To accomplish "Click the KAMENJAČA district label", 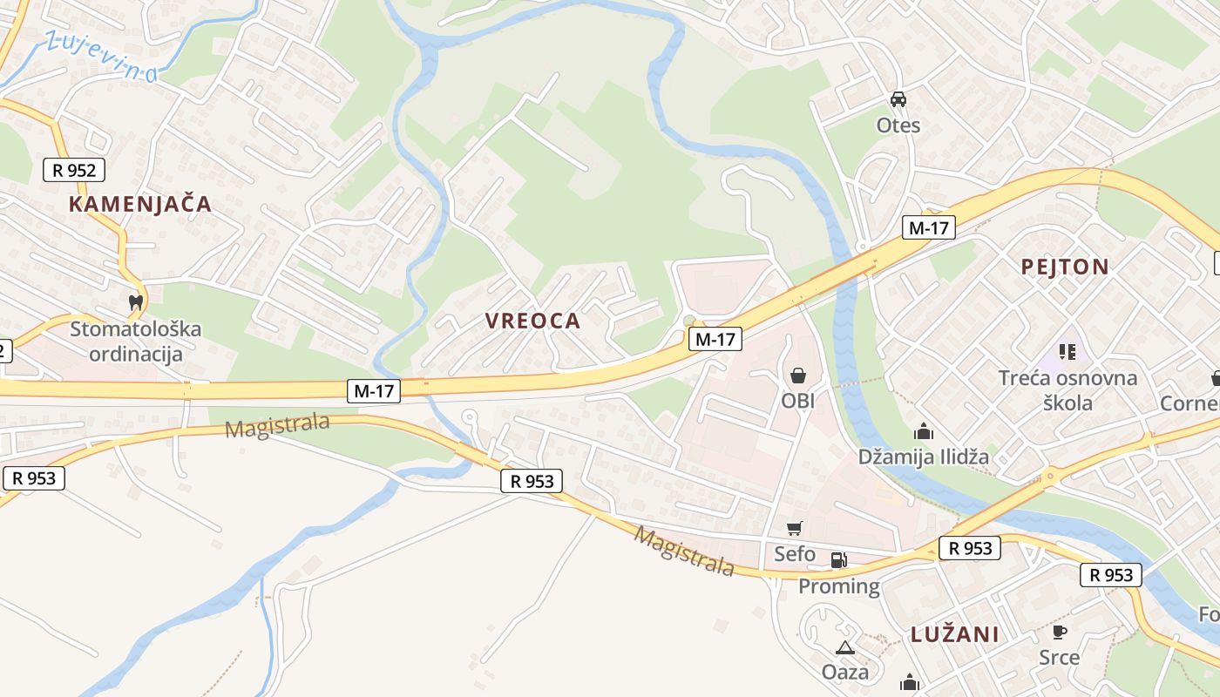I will point(140,204).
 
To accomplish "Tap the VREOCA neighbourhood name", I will point(532,321).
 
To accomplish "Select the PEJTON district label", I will point(1065,267).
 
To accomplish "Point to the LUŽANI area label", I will point(955,634).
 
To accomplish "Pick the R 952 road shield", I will point(74,169).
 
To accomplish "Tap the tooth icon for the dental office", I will point(135,302).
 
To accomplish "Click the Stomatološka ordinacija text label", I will point(135,342).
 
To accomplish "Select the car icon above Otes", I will point(898,99).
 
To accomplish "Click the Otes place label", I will point(898,125).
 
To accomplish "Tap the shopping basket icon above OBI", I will point(797,376).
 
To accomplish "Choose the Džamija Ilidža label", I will point(924,457).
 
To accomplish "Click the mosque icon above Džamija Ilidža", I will point(924,431).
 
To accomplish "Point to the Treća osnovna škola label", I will point(1067,390).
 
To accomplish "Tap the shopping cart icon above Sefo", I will point(794,528).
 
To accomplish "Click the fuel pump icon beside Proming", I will point(838,560).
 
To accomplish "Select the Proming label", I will point(839,586).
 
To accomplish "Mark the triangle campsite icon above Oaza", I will point(844,647).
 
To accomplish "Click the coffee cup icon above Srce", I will point(1060,632).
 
